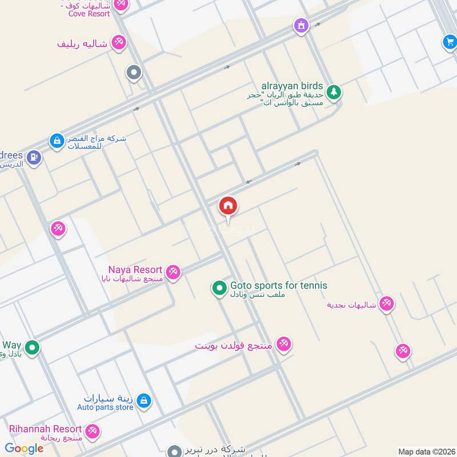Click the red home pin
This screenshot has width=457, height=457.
click(228, 206)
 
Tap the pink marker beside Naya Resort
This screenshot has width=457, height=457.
click(174, 272)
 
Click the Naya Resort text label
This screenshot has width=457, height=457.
click(135, 270)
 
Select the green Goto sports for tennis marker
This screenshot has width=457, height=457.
click(219, 288)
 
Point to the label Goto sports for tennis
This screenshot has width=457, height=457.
click(279, 286)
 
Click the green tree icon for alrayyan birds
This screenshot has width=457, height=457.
click(334, 92)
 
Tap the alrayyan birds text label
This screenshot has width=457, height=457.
click(292, 86)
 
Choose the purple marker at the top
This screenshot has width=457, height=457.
click(300, 25)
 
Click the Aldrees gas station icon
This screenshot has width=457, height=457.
click(34, 157)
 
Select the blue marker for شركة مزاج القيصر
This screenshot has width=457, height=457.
click(57, 140)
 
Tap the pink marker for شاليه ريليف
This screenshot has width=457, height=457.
click(119, 43)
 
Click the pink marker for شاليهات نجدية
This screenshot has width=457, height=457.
click(387, 304)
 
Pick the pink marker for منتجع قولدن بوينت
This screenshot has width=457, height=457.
click(283, 344)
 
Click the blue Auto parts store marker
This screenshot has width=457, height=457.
click(144, 401)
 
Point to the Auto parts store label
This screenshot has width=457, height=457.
click(105, 407)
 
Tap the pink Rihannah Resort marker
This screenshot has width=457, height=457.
click(92, 431)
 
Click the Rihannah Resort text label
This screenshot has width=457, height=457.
click(45, 428)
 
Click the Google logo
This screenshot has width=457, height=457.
click(24, 448)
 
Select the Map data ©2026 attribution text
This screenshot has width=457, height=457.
click(426, 451)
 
